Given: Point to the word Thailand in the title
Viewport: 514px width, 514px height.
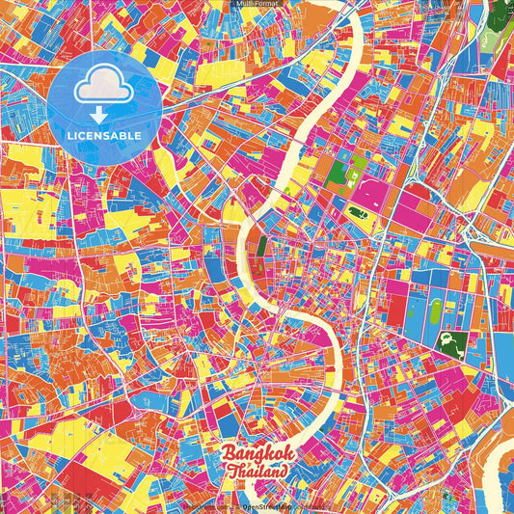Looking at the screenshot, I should [258, 472].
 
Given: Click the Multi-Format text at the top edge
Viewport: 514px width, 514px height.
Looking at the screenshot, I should [257, 4].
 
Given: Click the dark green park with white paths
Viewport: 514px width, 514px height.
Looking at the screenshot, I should [448, 340].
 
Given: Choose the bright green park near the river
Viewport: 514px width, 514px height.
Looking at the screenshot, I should [338, 176].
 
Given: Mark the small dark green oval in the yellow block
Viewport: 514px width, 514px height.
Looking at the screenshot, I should [357, 212].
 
